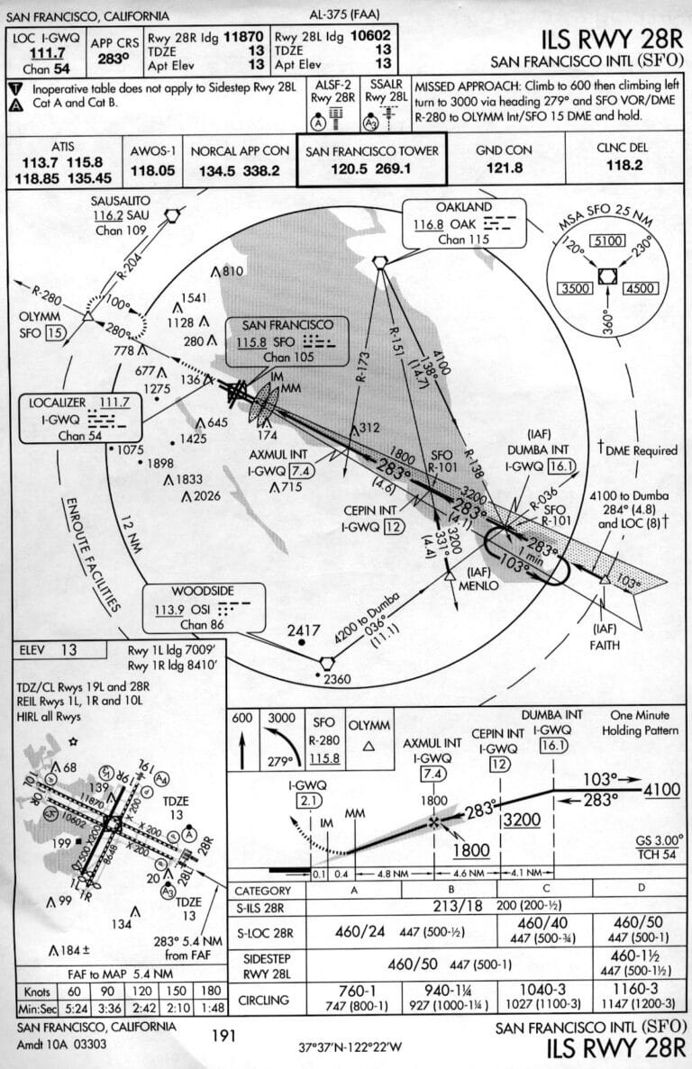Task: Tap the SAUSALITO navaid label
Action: click(x=125, y=199)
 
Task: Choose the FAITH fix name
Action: click(x=605, y=644)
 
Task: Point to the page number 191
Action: click(x=224, y=1036)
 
